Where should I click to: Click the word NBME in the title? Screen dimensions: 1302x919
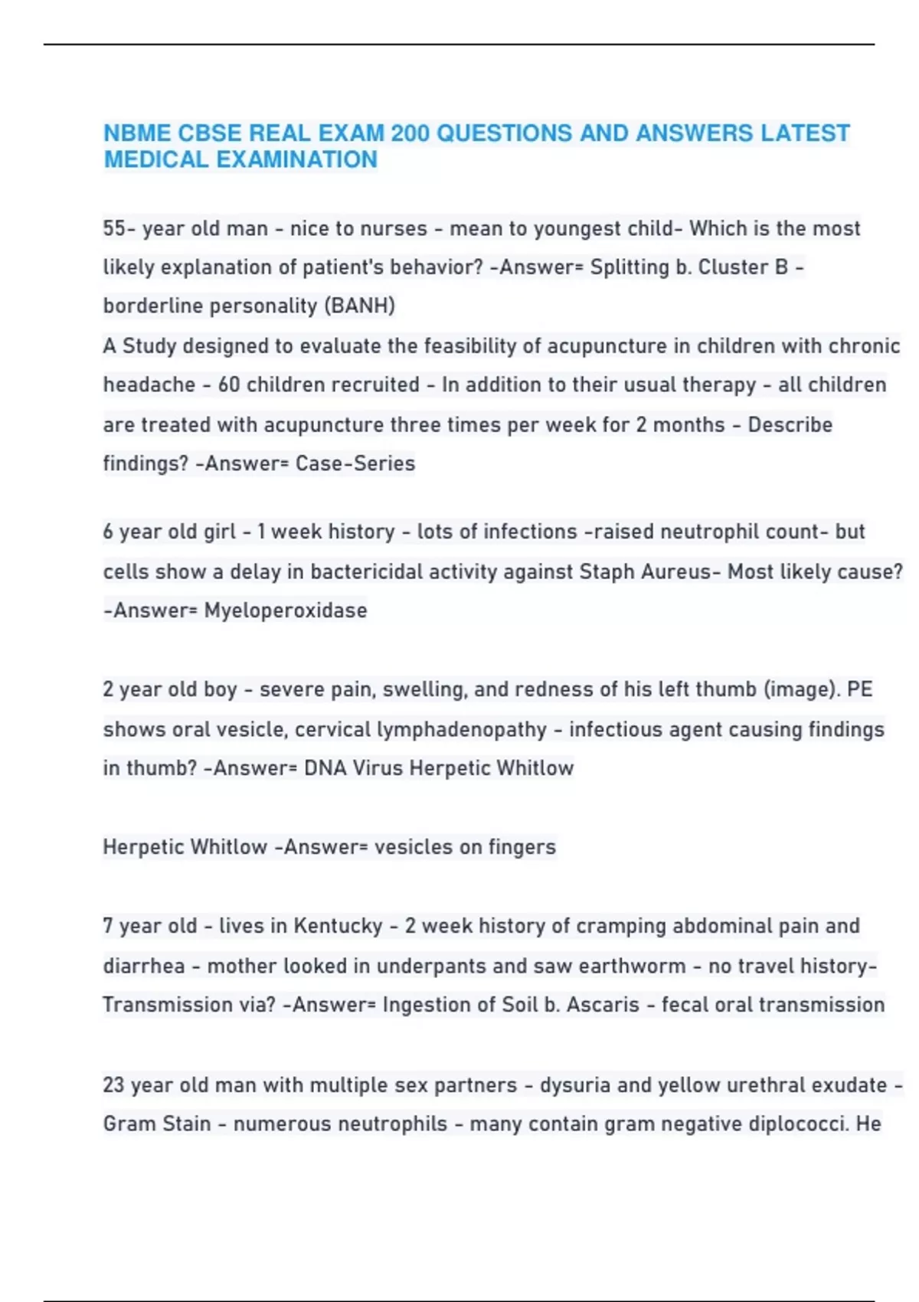(137, 133)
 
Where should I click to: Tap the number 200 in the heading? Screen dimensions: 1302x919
(410, 133)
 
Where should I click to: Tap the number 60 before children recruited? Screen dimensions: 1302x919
(230, 384)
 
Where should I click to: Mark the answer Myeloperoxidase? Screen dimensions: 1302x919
(286, 610)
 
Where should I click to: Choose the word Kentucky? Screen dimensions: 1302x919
(338, 926)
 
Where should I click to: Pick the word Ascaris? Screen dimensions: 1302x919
(603, 1005)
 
